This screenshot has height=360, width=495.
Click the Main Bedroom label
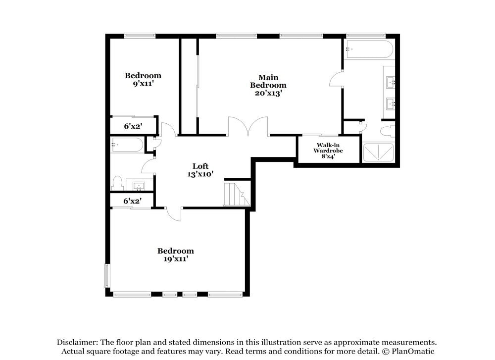268,81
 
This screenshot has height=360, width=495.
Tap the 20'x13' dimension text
268,93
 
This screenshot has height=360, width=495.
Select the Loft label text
200,166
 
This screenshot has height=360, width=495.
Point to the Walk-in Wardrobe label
328,148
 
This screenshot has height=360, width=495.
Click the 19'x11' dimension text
175,258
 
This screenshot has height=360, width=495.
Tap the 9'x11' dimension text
143,84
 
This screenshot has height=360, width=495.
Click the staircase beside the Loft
236,195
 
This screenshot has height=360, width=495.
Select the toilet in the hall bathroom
117,183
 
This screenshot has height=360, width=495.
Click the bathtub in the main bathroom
369,50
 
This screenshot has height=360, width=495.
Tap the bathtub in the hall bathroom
127,145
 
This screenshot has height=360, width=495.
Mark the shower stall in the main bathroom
379,153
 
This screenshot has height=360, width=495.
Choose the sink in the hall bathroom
139,186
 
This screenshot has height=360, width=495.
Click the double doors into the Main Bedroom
248,126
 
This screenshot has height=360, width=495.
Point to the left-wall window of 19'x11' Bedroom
106,275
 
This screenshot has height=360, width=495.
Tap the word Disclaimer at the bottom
77,342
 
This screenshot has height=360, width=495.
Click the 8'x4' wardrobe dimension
328,156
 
